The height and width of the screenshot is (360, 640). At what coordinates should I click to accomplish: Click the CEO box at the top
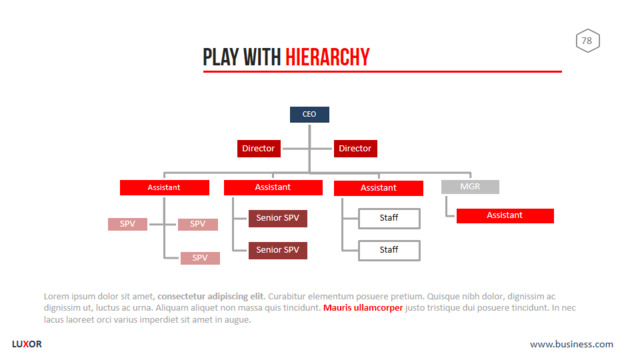click(x=309, y=115)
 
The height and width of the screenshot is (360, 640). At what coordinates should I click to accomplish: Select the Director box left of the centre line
click(x=259, y=149)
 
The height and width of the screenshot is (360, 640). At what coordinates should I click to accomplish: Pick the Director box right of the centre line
click(x=355, y=149)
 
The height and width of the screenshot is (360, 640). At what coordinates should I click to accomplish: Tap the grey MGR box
click(x=470, y=187)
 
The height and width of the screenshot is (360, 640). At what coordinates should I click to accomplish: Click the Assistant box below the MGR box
click(x=505, y=216)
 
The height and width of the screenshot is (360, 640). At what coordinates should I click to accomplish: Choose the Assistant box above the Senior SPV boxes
click(x=273, y=187)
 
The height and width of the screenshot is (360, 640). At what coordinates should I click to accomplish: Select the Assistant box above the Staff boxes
click(x=378, y=188)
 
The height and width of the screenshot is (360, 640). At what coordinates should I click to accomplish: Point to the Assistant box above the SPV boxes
click(x=164, y=188)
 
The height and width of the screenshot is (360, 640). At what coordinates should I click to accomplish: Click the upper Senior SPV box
click(x=278, y=218)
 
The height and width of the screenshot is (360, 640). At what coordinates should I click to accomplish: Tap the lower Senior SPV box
click(x=278, y=250)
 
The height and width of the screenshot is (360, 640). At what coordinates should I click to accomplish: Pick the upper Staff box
click(x=389, y=218)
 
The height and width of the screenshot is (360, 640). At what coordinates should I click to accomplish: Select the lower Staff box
click(x=389, y=250)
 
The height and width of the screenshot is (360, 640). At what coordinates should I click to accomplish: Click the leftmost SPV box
click(x=127, y=224)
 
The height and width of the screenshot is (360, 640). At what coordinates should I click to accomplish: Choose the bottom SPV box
click(x=200, y=258)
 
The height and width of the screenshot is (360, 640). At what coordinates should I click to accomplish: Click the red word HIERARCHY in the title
click(x=327, y=57)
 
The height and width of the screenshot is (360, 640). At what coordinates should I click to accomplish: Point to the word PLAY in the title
click(x=221, y=57)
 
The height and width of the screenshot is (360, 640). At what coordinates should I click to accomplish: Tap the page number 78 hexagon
click(x=588, y=41)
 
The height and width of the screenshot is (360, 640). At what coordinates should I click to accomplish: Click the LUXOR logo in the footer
click(x=27, y=344)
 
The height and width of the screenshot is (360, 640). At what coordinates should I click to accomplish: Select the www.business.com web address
click(x=571, y=344)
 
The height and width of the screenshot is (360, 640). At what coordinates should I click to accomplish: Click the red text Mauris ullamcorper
click(x=363, y=308)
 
